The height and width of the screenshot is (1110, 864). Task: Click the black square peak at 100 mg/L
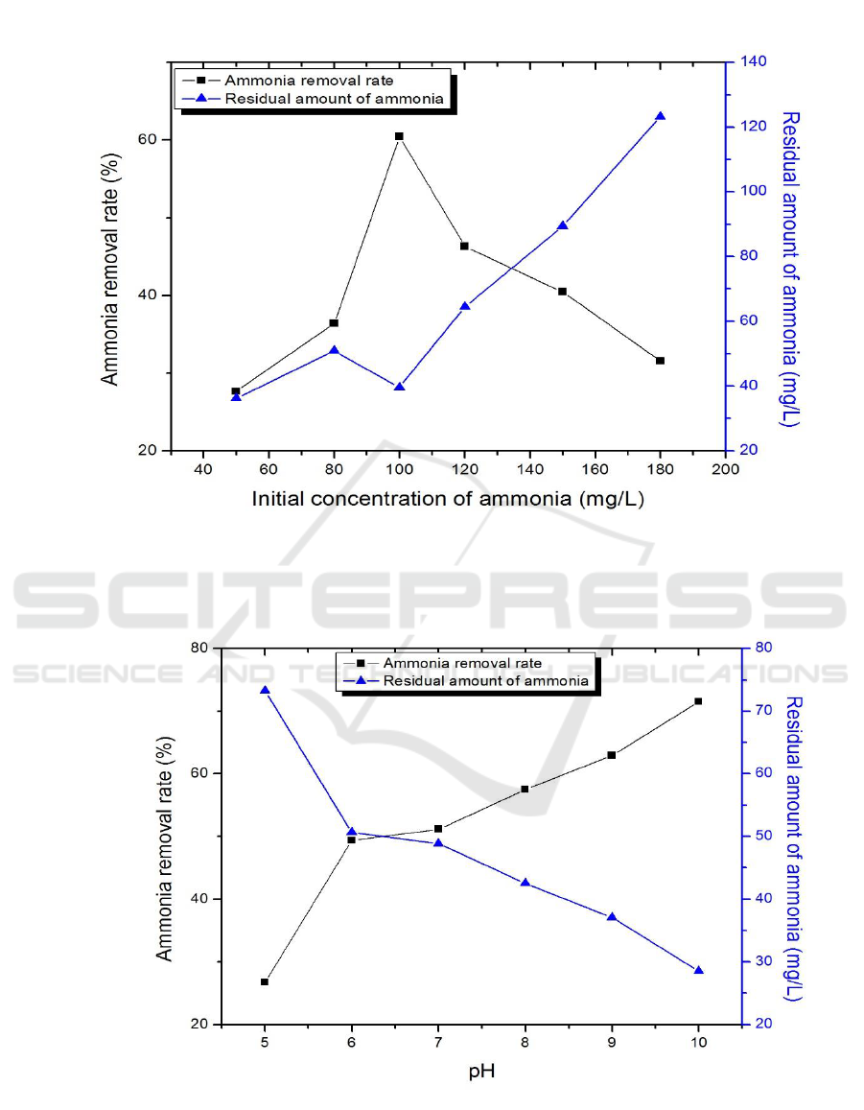click(x=399, y=136)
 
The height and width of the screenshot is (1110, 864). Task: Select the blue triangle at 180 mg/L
click(x=660, y=116)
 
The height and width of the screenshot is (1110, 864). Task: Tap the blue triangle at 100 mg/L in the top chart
click(x=399, y=387)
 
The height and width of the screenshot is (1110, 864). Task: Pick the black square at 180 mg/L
click(x=660, y=361)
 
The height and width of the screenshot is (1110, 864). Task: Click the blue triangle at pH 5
click(x=265, y=690)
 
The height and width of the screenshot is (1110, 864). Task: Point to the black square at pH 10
click(x=698, y=701)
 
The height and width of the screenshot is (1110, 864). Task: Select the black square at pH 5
click(x=265, y=981)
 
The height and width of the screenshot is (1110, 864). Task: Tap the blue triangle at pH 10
click(x=698, y=970)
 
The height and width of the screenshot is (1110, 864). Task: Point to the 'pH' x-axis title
click(x=481, y=1071)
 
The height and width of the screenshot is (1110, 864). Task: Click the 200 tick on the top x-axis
click(x=725, y=469)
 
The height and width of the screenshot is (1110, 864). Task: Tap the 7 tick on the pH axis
click(x=438, y=1042)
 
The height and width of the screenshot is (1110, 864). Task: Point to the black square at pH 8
click(x=525, y=790)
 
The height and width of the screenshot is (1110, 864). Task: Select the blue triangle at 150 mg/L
click(x=562, y=225)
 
